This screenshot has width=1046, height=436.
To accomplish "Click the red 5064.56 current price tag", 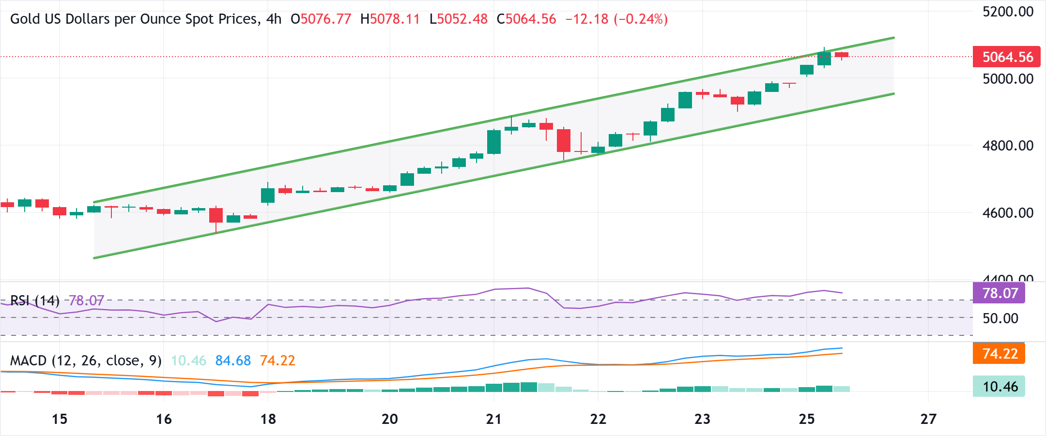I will pyautogui.click(x=1007, y=57).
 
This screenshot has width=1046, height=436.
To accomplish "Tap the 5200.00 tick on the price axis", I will pyautogui.click(x=1008, y=12).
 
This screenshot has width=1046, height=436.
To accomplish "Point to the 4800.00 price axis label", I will pyautogui.click(x=1008, y=146).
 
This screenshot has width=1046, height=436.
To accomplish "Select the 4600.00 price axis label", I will pyautogui.click(x=1008, y=213).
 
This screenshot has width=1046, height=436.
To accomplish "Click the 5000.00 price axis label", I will pyautogui.click(x=1008, y=79).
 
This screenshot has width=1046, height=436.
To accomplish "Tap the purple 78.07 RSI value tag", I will pyautogui.click(x=1000, y=293).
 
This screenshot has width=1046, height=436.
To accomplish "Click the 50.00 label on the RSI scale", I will pyautogui.click(x=1000, y=318).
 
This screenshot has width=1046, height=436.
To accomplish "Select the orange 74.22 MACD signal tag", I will pyautogui.click(x=1000, y=354).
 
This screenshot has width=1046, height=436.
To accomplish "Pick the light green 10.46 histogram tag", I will pyautogui.click(x=1000, y=387).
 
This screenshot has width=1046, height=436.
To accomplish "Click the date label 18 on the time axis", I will pyautogui.click(x=268, y=419).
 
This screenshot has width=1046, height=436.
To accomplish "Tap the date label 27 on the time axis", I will pyautogui.click(x=928, y=419).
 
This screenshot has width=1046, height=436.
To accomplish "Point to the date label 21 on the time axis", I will pyautogui.click(x=493, y=419).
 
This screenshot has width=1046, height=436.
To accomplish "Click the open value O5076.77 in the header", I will pyautogui.click(x=321, y=19).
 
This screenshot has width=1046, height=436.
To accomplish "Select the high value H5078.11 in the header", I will pyautogui.click(x=390, y=19).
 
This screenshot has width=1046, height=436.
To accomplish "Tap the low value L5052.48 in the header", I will pyautogui.click(x=458, y=19).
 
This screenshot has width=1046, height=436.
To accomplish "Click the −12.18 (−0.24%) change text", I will pyautogui.click(x=616, y=19).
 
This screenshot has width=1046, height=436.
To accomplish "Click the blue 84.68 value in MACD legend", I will pyautogui.click(x=233, y=361).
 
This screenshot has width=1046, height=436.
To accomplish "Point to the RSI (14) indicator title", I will pyautogui.click(x=35, y=301).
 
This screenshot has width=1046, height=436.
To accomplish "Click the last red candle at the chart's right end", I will pyautogui.click(x=842, y=55).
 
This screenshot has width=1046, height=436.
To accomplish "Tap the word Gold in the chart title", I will pyautogui.click(x=22, y=19).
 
